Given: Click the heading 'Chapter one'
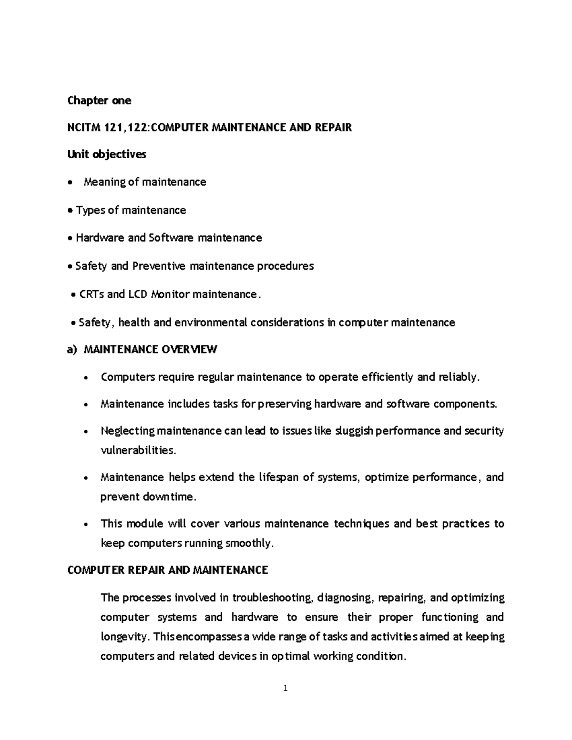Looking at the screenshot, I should pyautogui.click(x=99, y=101).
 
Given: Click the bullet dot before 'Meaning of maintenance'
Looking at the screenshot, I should pyautogui.click(x=71, y=183).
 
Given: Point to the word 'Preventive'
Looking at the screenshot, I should pyautogui.click(x=159, y=266).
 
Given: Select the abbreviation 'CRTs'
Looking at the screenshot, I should pyautogui.click(x=91, y=294).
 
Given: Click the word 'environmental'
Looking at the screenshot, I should pyautogui.click(x=211, y=323).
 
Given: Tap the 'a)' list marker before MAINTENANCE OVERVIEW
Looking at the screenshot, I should pyautogui.click(x=72, y=350).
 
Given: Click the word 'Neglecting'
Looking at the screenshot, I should pyautogui.click(x=128, y=431).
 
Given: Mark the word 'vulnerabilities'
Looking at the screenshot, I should pyautogui.click(x=138, y=450).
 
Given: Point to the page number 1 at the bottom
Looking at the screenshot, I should pyautogui.click(x=286, y=688).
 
